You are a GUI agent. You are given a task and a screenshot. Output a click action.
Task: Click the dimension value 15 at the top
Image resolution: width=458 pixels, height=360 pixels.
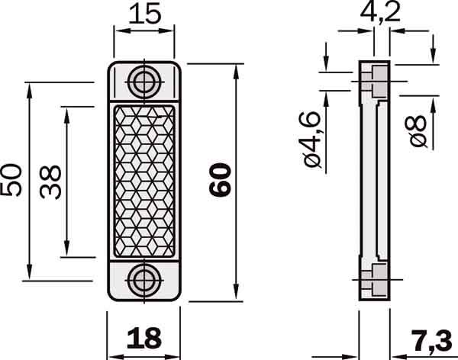pyautogui.click(x=144, y=13)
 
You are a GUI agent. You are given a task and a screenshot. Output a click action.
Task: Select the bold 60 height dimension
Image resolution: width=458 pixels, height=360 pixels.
pyautogui.click(x=219, y=182)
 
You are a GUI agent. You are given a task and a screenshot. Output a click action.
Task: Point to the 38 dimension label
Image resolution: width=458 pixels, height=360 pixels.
pyautogui.click(x=51, y=182)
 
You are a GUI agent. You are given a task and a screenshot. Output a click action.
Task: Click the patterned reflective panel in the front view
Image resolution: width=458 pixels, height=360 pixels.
pyautogui.click(x=144, y=181)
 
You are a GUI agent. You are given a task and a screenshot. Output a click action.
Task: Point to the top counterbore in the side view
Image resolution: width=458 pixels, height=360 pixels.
pyautogui.click(x=376, y=82)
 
